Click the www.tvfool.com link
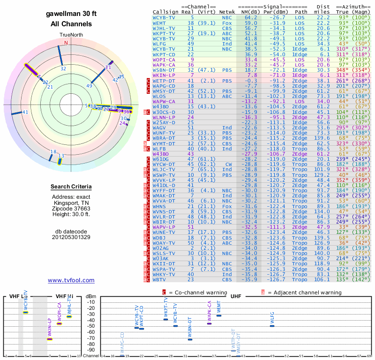[71, 280]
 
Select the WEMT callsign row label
[159, 23]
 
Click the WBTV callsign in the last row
[160, 280]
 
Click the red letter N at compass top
[66, 43]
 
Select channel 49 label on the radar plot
[90, 86]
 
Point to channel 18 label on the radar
[53, 151]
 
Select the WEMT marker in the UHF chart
[218, 315]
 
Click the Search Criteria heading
[71, 187]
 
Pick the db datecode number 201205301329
[71, 237]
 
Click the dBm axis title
[90, 296]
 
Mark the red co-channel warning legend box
[164, 292]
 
